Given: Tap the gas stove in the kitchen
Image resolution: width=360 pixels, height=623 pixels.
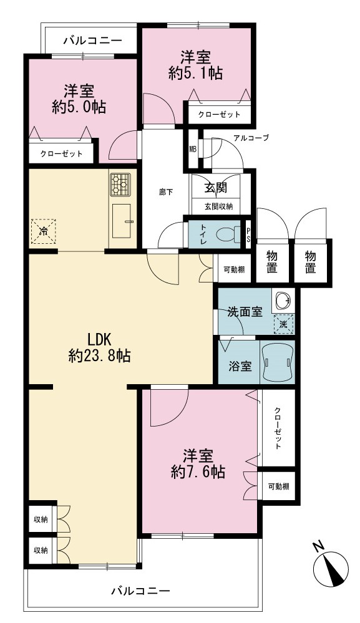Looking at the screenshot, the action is tap(120, 185).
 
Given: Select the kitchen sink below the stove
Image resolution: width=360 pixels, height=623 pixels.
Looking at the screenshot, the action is tap(122, 221).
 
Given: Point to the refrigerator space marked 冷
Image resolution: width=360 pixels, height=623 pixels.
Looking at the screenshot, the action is tap(43, 231).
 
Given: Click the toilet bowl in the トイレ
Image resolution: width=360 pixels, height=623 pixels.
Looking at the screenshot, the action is tap(228, 234).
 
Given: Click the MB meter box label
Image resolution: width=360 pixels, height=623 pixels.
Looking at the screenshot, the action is tap(193, 150).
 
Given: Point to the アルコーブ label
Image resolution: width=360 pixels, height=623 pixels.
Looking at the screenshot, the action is tap(251, 138).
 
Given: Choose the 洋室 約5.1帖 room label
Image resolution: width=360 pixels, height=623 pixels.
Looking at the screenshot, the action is tap(195, 65).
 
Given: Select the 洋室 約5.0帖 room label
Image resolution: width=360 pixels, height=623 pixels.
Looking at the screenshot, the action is tap(79, 99).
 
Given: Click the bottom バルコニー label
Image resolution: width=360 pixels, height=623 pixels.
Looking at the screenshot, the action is tap(140, 591).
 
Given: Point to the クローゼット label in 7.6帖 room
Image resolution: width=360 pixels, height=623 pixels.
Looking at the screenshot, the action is tap(278, 428).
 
